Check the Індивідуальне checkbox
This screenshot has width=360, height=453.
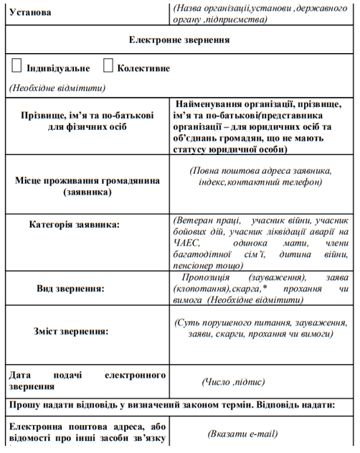click(16, 66)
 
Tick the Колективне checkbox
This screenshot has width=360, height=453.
click(108, 66)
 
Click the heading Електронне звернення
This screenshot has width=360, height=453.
click(179, 40)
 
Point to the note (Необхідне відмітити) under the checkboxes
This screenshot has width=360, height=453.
click(57, 88)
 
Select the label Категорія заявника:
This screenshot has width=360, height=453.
click(75, 225)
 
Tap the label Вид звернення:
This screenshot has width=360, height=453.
click(70, 289)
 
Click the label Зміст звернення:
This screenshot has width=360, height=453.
click(71, 331)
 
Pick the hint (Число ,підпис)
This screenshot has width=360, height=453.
click(233, 382)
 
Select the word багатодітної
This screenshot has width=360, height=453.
click(206, 255)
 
